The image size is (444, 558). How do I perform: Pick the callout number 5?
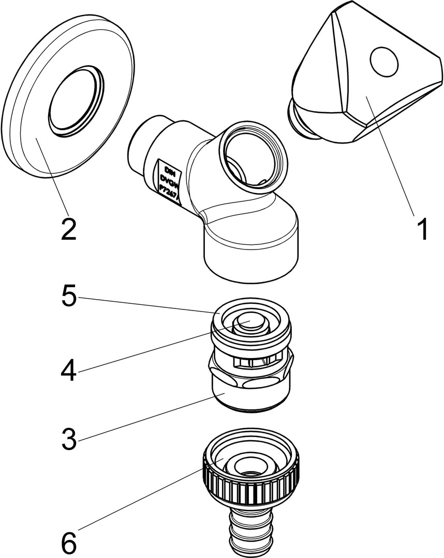68,299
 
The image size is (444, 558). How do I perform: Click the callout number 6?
68,542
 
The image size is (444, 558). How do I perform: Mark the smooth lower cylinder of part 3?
250,395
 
